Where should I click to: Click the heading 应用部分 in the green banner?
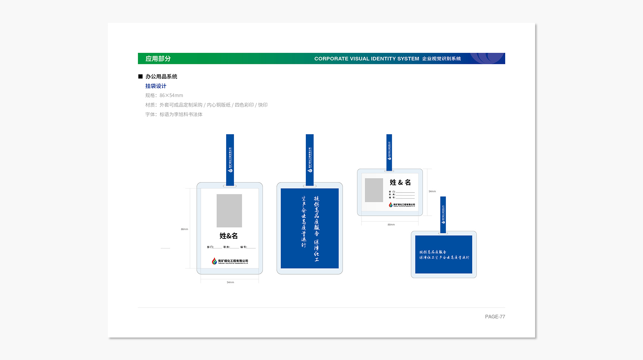point(158,59)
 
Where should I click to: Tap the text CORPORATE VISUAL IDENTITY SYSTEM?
point(367,59)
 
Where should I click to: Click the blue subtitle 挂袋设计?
point(156,86)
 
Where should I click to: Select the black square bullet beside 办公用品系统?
point(140,76)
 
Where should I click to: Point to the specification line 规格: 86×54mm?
point(164,95)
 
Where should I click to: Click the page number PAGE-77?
point(495,317)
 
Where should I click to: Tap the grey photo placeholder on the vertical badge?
point(229,211)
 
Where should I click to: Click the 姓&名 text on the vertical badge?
point(229,236)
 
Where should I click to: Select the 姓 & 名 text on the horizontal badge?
point(400,182)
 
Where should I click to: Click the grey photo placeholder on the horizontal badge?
point(374,190)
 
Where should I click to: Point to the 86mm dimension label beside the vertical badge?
point(184,229)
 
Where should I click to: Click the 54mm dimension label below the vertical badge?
point(230,282)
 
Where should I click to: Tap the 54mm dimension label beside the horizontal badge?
point(432,191)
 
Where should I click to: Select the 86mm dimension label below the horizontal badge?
point(391,225)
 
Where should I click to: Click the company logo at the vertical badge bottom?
point(230,261)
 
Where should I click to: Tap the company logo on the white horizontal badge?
point(402,205)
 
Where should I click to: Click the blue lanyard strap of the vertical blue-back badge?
point(310,159)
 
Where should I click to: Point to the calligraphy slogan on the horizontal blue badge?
point(444,255)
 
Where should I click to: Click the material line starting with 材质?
point(206,105)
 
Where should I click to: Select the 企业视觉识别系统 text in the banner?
point(442,59)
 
